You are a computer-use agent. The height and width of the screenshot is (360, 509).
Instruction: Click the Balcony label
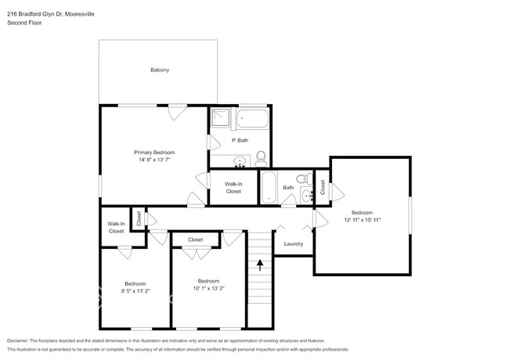[x=160, y=70]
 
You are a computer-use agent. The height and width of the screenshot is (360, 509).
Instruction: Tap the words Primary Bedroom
[x=154, y=152]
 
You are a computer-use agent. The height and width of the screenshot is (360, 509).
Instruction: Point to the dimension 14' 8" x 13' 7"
[x=154, y=160]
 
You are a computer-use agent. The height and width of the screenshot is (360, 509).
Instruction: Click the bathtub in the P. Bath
[x=253, y=120]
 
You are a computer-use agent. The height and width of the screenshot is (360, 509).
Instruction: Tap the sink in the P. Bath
[x=241, y=162]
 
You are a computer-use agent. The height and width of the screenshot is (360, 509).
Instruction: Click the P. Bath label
[x=240, y=140]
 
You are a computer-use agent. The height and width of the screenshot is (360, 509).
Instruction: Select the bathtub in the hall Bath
[x=268, y=188]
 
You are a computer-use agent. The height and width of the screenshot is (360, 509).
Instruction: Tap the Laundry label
[x=293, y=243]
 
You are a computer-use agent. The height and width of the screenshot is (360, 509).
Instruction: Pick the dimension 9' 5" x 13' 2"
[x=135, y=292]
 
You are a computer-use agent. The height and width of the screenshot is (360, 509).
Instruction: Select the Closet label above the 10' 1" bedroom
[x=195, y=239]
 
